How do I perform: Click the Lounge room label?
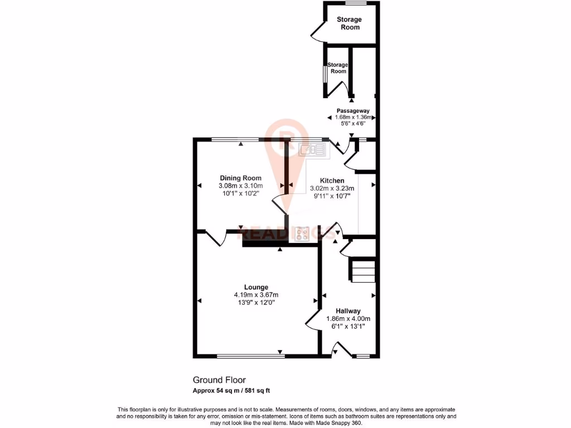255,288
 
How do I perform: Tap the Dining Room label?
240,178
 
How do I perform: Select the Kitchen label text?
332,181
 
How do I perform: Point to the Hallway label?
348,311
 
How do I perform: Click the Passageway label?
352,110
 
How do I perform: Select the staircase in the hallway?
362,271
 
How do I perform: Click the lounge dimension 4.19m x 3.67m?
255,295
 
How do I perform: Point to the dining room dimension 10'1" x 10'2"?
240,194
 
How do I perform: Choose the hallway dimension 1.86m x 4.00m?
348,319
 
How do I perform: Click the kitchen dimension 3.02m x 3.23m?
332,188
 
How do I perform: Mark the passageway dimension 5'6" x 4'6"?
352,124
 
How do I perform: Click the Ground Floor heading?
219,380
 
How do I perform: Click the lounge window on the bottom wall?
249,355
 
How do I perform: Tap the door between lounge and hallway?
312,321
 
